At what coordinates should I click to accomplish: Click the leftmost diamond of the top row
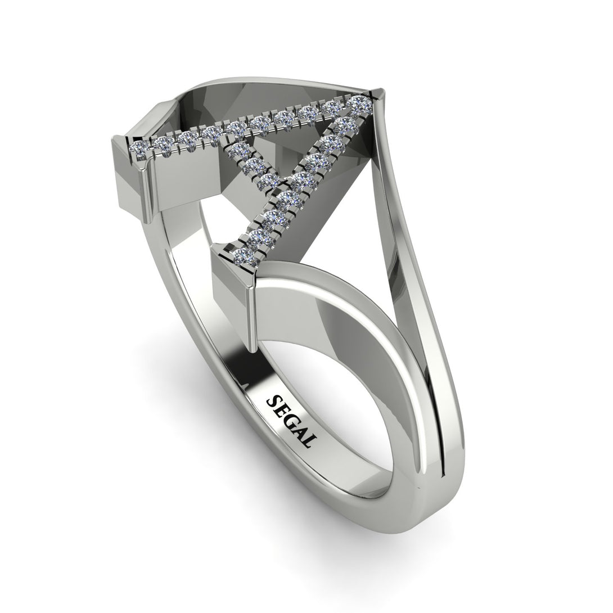pyautogui.click(x=138, y=147)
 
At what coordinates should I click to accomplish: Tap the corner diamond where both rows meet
pyautogui.click(x=358, y=103)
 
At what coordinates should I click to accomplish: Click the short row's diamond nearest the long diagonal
pyautogui.click(x=270, y=181)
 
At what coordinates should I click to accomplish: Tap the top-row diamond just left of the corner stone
pyautogui.click(x=333, y=107)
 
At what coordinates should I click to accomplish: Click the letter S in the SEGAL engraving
pyautogui.click(x=274, y=400)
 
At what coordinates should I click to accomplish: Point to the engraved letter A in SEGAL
pyautogui.click(x=300, y=434)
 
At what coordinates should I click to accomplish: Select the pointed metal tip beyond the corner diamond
pyautogui.click(x=379, y=94)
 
